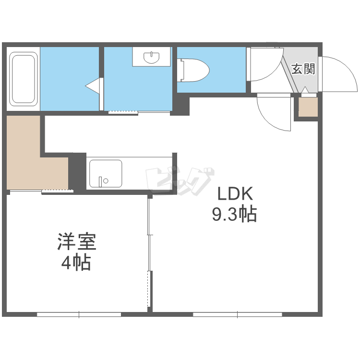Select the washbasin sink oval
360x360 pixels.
tap(151, 57)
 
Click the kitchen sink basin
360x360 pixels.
tap(106, 174)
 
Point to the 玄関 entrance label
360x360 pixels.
tap(303, 69)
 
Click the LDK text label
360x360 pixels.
tap(235, 194)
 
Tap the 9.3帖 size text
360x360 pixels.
tap(234, 214)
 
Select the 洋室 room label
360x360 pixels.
tap(77, 241)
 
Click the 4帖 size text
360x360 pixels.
tap(76, 263)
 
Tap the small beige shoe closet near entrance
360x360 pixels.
tap(308, 107)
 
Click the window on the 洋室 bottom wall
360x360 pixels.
tap(79, 314)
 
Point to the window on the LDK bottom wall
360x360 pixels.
tap(238, 314)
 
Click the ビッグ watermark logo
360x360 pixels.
tap(180, 181)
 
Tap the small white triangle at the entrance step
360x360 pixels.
tap(305, 90)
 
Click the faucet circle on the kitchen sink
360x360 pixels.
tap(106, 181)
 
